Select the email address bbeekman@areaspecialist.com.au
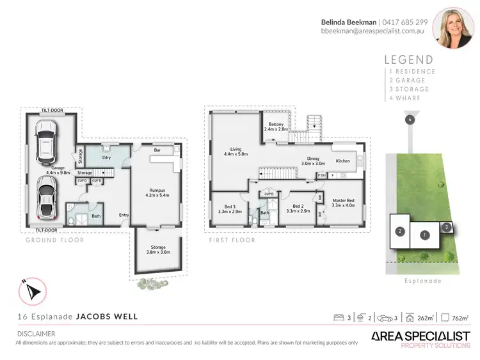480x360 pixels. (374, 31)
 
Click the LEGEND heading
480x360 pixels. (410, 59)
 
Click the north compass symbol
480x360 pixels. (33, 292)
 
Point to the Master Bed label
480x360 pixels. (344, 203)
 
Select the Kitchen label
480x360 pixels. (343, 161)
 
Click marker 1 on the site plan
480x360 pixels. (424, 235)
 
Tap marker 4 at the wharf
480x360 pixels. (408, 120)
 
